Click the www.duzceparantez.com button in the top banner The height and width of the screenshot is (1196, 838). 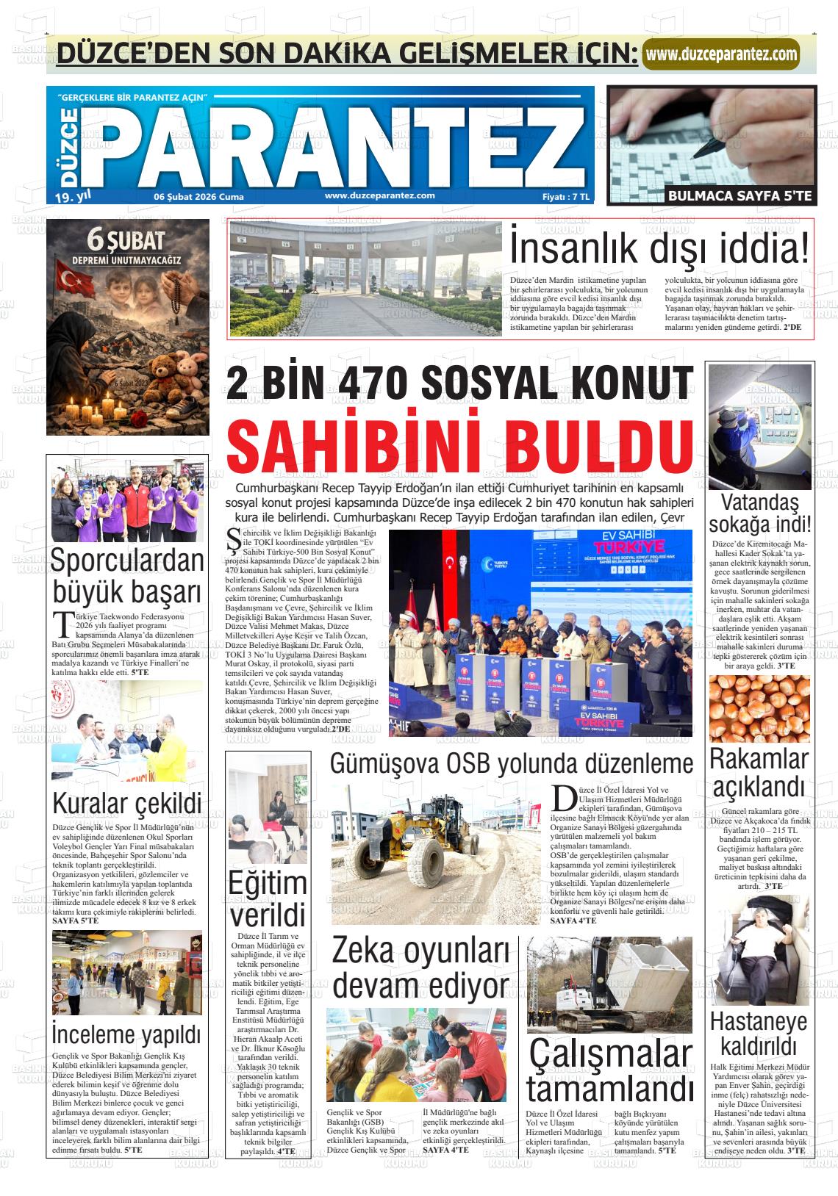(x=720, y=54)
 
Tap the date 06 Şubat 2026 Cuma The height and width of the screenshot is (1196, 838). (x=198, y=197)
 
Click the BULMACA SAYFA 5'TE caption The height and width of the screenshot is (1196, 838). (x=739, y=195)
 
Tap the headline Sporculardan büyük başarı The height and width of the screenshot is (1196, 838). (x=127, y=575)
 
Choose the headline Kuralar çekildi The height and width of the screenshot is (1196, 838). (x=127, y=803)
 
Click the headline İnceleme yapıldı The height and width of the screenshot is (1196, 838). (x=126, y=1035)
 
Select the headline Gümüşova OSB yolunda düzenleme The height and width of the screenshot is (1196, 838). (x=511, y=764)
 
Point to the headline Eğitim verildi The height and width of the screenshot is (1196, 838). (x=266, y=900)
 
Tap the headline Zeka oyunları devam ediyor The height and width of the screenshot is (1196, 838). (x=420, y=968)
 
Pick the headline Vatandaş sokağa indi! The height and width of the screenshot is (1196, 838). (x=760, y=514)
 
